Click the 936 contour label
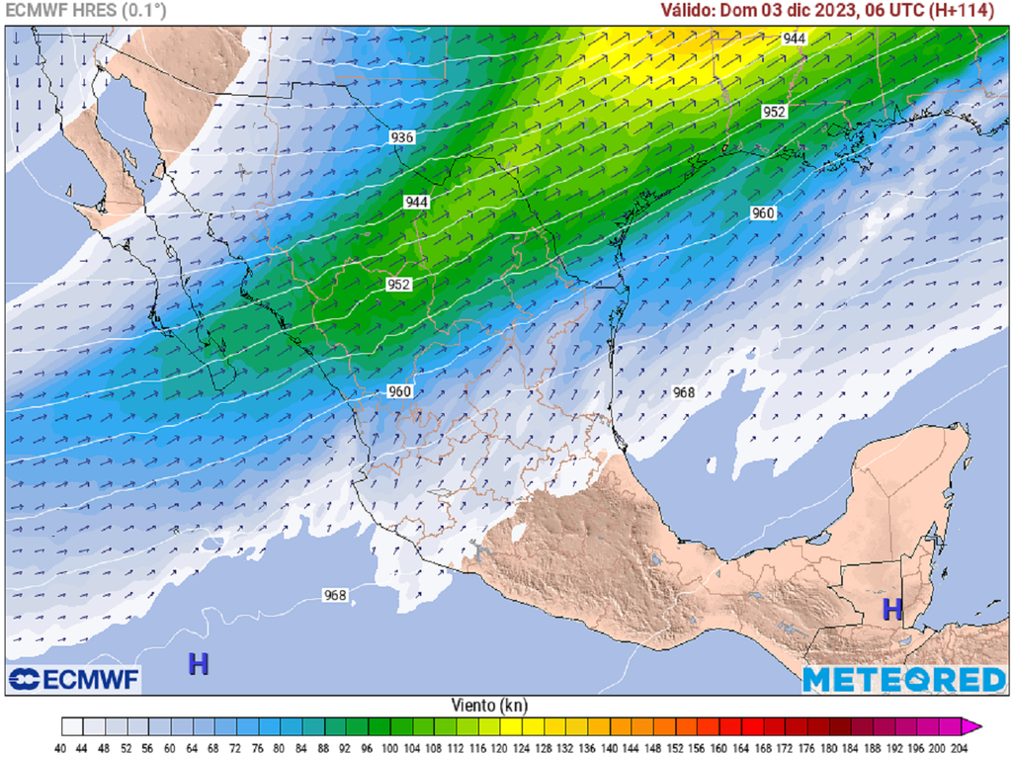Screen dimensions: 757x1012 [x=401, y=137]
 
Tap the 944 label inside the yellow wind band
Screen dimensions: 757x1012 [x=794, y=39]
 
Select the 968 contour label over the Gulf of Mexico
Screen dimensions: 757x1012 [x=684, y=392]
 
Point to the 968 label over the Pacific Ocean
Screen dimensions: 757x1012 [x=335, y=595]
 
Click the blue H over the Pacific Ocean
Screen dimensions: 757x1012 [x=199, y=664]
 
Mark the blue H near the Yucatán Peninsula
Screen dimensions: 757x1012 [x=892, y=608]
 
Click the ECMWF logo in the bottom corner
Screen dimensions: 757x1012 [x=74, y=679]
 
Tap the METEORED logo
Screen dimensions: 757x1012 [x=903, y=680]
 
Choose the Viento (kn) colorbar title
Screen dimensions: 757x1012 [x=487, y=706]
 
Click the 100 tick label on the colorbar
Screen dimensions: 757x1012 [x=390, y=748]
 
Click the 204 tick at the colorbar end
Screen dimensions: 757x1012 [x=957, y=748]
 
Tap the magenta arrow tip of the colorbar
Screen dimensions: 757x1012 [x=975, y=727]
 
